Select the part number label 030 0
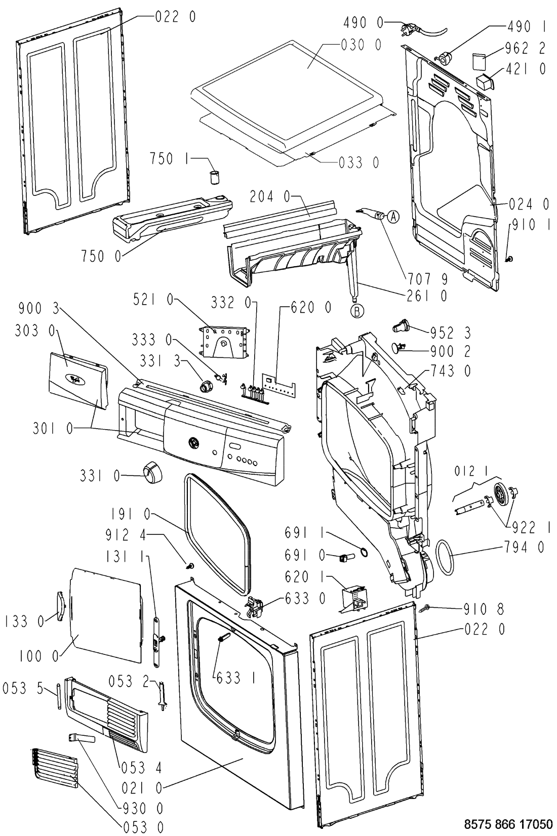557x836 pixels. (361, 45)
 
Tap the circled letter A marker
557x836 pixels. (393, 216)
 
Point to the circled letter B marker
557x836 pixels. (357, 311)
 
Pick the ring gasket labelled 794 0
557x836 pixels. (445, 557)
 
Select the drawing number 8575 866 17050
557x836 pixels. (508, 823)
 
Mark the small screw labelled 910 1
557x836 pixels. (508, 258)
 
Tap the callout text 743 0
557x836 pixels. (451, 371)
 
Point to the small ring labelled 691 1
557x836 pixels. (365, 553)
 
